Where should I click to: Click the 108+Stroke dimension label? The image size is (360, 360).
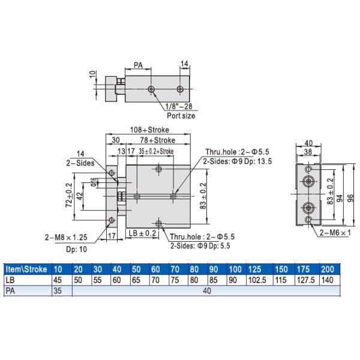150,130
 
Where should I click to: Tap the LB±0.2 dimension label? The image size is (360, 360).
143,233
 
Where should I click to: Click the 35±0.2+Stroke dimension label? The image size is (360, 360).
155,151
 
